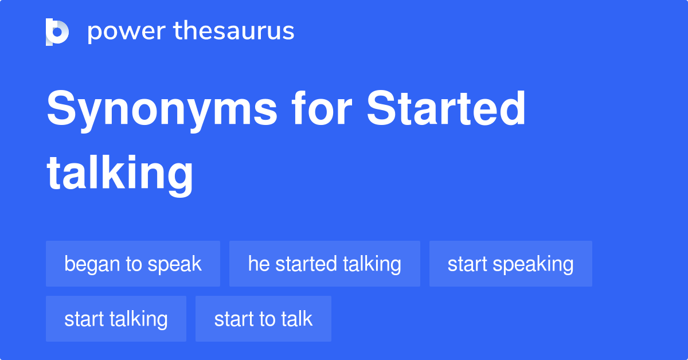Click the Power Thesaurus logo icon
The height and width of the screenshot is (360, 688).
57,32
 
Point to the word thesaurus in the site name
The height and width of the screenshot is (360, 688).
234,32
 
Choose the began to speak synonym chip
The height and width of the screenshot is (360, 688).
133,264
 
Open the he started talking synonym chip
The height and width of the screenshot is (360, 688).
325,264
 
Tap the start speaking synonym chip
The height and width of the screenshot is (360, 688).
510,264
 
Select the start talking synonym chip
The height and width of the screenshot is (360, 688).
116,319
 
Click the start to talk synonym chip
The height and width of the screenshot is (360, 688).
263,319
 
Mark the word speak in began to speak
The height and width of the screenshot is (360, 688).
175,264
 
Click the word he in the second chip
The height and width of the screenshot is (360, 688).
259,264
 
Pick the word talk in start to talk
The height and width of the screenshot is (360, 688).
297,319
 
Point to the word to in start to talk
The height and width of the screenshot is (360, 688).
268,319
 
